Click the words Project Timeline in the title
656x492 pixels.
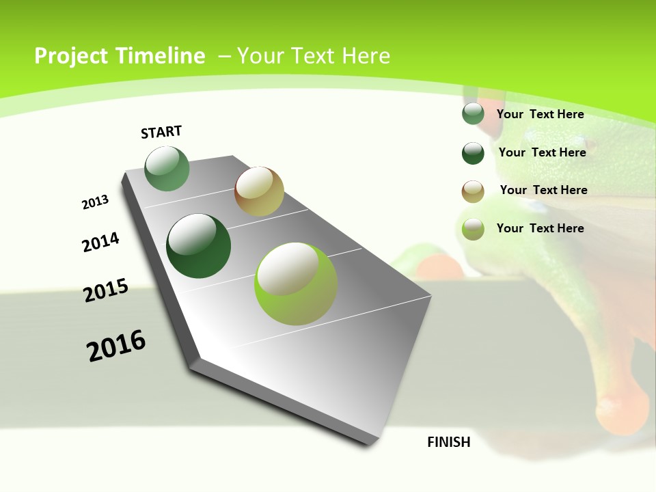tap(120, 56)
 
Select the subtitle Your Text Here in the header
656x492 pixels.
tap(313, 56)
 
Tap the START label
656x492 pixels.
tap(161, 132)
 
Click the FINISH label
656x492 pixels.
tap(449, 442)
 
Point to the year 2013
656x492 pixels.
tap(96, 202)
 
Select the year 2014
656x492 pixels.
tap(101, 242)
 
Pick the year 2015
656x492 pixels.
tap(106, 290)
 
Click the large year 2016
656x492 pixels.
tap(116, 346)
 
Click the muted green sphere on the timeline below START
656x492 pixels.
tap(167, 169)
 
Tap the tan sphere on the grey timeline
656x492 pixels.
tap(259, 191)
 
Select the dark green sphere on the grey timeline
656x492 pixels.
tap(199, 246)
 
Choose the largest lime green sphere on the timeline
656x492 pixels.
tap(296, 284)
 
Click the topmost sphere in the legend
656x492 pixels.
tap(473, 114)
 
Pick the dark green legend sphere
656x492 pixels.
tap(473, 153)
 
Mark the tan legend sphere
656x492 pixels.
tap(473, 191)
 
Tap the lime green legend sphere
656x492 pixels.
tap(473, 229)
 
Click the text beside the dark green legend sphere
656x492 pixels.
tap(542, 152)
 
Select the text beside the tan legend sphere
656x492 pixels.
tap(543, 190)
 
